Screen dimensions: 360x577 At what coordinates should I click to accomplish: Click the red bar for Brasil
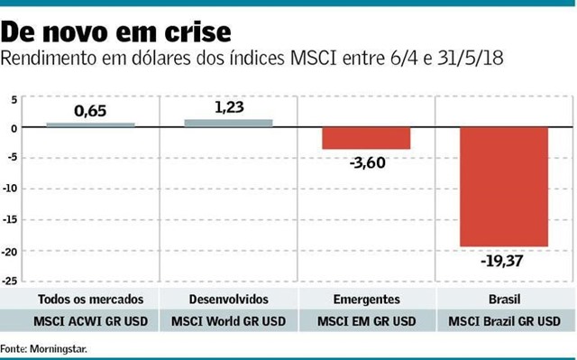click(x=504, y=187)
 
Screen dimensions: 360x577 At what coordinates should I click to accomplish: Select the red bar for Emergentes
click(x=366, y=138)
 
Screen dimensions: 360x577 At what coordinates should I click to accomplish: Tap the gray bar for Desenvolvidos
click(x=228, y=124)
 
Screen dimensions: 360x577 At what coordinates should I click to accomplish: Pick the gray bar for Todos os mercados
click(x=90, y=125)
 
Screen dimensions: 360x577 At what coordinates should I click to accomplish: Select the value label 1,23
click(x=229, y=106)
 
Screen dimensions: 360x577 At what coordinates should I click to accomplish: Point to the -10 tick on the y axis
click(x=12, y=189)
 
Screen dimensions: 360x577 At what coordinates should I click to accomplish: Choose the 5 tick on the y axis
click(x=14, y=97)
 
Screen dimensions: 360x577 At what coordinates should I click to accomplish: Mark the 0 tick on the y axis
click(x=14, y=128)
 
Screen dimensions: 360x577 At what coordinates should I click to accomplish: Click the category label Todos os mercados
click(x=90, y=298)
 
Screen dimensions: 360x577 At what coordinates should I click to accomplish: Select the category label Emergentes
click(x=366, y=298)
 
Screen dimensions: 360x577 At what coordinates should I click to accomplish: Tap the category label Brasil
click(x=504, y=298)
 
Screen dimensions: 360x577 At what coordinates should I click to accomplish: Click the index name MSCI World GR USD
click(x=228, y=319)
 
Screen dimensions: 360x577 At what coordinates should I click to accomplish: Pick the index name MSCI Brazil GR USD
click(x=504, y=319)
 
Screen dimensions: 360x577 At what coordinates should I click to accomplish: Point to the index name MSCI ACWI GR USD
click(x=90, y=319)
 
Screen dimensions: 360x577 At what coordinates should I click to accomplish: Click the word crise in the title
click(x=192, y=32)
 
